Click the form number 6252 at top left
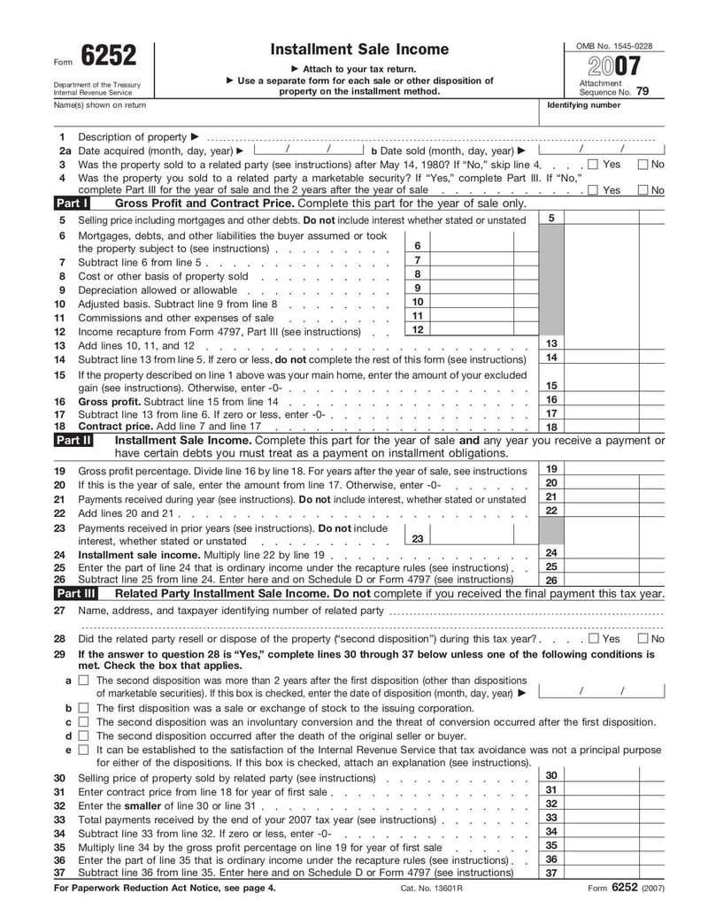[x=109, y=57]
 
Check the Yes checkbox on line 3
[x=593, y=165]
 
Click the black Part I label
[x=72, y=203]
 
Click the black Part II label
[x=73, y=439]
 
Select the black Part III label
[x=75, y=593]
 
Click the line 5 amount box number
[x=551, y=218]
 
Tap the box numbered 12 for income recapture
[x=418, y=330]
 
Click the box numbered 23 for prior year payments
[x=418, y=538]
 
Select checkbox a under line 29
[x=83, y=681]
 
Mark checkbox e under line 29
[x=83, y=750]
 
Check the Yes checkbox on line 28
[x=593, y=638]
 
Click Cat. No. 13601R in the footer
[x=432, y=887]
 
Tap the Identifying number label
[x=584, y=105]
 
